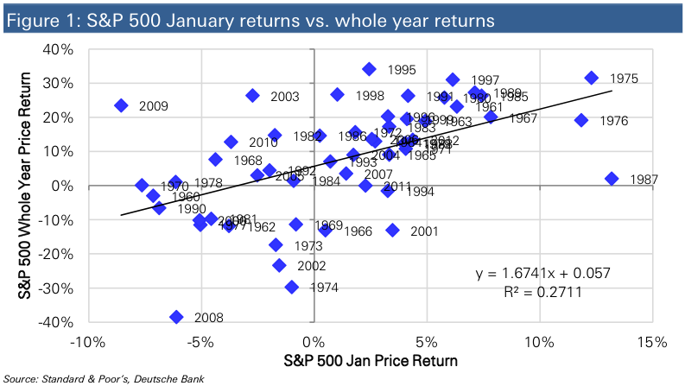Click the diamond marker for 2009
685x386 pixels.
(x=121, y=105)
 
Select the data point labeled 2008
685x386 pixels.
(x=177, y=317)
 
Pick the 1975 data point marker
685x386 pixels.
(x=592, y=78)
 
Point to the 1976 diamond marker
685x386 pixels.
(x=581, y=120)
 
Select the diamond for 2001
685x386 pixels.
(x=393, y=230)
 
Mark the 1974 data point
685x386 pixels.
(x=292, y=287)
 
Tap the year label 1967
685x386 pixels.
(x=524, y=117)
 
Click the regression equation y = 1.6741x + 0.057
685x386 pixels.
(x=543, y=273)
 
